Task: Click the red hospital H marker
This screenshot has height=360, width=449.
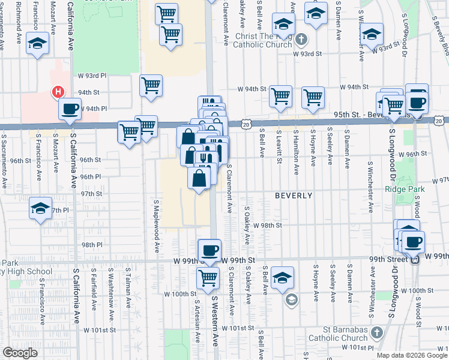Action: (x=58, y=92)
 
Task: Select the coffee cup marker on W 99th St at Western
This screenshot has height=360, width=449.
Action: (x=209, y=250)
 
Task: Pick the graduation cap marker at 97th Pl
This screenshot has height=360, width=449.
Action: (x=40, y=209)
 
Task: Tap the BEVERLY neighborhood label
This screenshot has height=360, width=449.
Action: (x=294, y=196)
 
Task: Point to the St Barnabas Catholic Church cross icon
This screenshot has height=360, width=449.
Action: (x=376, y=332)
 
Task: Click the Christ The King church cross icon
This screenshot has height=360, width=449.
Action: (x=301, y=40)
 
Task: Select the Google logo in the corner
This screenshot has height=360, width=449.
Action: (x=20, y=353)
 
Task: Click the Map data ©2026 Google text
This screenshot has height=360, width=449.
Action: (x=411, y=355)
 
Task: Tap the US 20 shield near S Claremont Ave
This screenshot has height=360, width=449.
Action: (x=247, y=123)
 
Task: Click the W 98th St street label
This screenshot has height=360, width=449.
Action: (x=267, y=225)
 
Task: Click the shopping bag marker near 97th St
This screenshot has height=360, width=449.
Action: (x=199, y=178)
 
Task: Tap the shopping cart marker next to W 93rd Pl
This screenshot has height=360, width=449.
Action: (x=151, y=85)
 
